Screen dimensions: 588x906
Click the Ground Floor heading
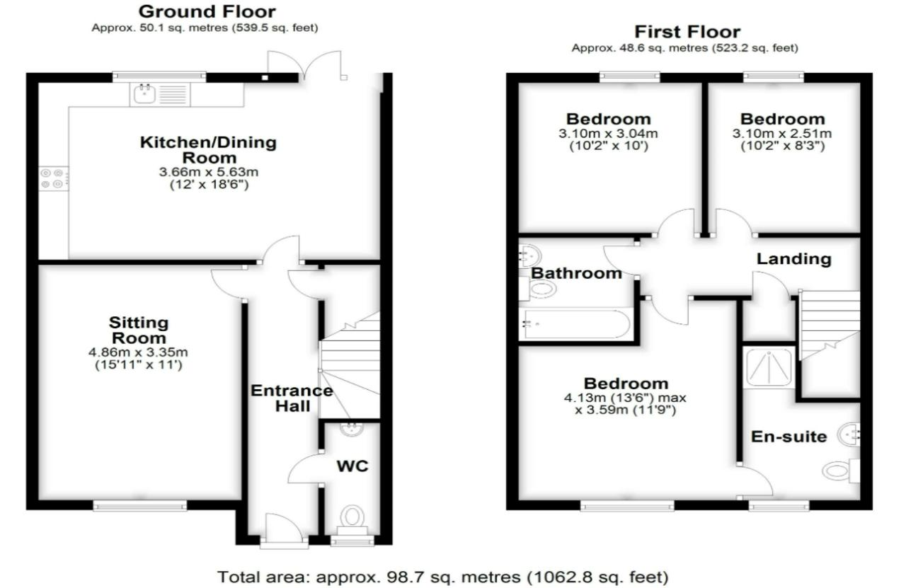(x=207, y=11)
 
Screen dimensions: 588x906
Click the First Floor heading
(x=687, y=32)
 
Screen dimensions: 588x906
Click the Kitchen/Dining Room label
(x=208, y=149)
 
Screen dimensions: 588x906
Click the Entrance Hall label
(x=292, y=398)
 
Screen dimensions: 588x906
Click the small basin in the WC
(x=350, y=429)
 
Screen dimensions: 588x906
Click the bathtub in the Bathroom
(x=574, y=323)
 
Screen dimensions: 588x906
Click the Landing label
(x=793, y=259)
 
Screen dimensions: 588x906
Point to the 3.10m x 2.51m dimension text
(x=782, y=133)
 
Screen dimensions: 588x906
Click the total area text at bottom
(x=442, y=576)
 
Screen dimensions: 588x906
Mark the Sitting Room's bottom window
(x=140, y=505)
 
